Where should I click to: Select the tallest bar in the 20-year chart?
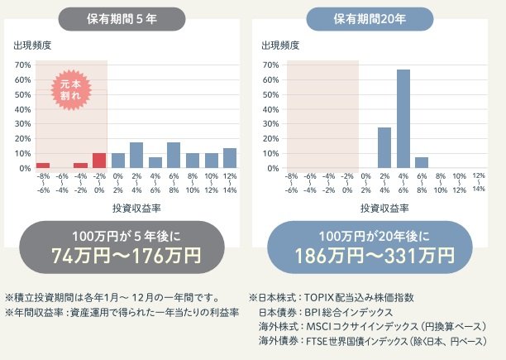(403, 118)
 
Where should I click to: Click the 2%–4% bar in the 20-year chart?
(384, 147)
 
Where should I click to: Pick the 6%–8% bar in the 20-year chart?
(422, 162)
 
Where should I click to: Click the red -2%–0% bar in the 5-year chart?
(99, 161)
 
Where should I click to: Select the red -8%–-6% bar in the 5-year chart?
(43, 166)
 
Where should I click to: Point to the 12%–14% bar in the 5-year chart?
(230, 158)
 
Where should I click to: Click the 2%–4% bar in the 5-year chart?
(136, 155)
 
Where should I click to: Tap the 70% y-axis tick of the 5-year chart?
(23, 65)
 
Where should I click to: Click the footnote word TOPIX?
(322, 297)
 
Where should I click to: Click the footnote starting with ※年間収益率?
(122, 312)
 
